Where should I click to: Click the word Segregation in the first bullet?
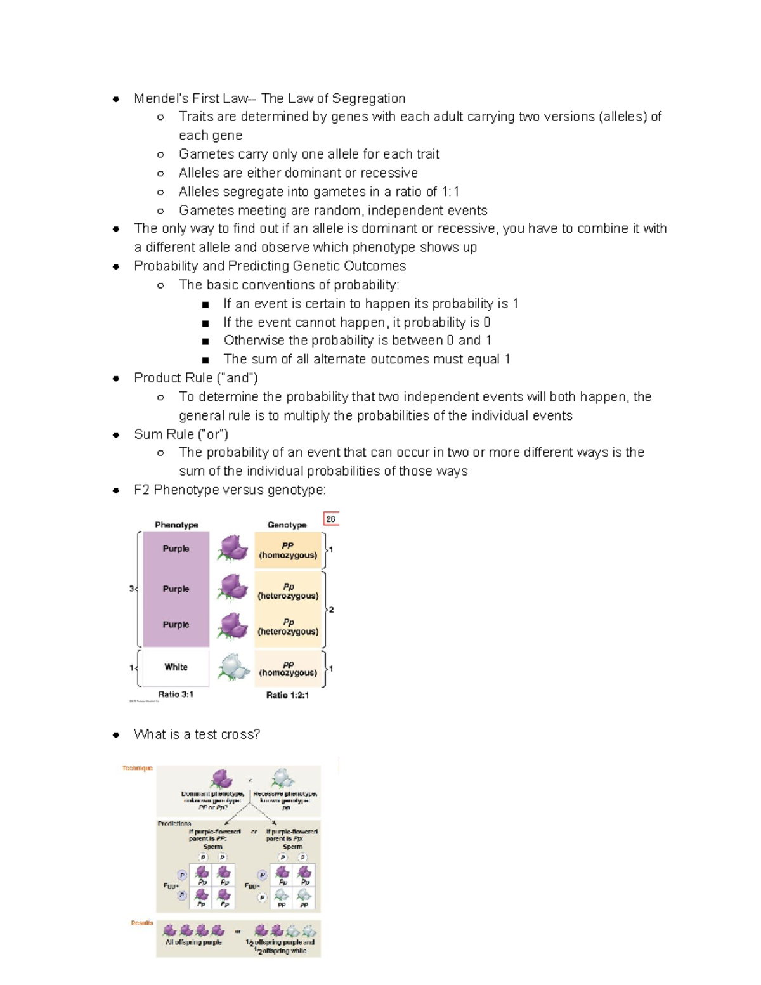(x=368, y=98)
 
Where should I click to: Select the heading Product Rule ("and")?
(x=195, y=378)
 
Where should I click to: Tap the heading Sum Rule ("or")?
(x=181, y=434)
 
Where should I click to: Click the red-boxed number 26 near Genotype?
(x=330, y=519)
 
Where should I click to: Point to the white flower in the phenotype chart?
(x=233, y=667)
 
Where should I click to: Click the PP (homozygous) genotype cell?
(x=288, y=550)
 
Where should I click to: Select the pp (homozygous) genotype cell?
(x=288, y=669)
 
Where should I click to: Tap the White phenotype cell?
(x=176, y=667)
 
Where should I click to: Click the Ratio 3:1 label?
(x=176, y=695)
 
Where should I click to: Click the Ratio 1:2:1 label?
(x=287, y=695)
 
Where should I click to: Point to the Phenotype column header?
(x=176, y=525)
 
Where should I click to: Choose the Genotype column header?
(x=287, y=525)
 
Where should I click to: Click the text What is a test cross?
(x=197, y=734)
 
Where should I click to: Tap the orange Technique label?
(x=138, y=768)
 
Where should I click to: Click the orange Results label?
(x=142, y=923)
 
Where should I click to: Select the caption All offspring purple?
(x=193, y=943)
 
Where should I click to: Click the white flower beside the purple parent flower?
(x=282, y=778)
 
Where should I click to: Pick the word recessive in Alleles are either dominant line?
(x=389, y=173)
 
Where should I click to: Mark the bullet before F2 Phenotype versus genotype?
(x=116, y=490)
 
